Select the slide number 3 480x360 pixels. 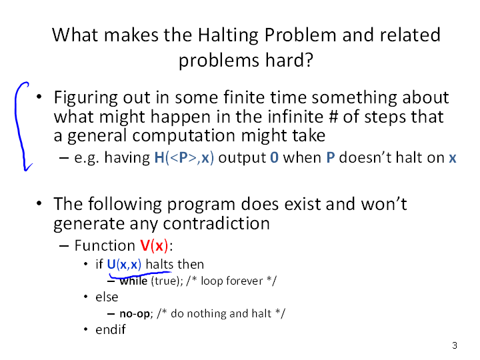click(455, 345)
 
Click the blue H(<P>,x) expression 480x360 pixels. click(184, 157)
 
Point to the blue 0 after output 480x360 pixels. click(274, 157)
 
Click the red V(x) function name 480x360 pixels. click(154, 245)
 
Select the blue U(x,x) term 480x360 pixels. click(124, 264)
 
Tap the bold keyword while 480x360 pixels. click(133, 281)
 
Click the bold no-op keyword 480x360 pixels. click(135, 314)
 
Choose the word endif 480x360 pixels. click(111, 329)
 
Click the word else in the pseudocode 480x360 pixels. click(107, 297)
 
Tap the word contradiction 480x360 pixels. click(217, 223)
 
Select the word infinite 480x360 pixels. click(295, 117)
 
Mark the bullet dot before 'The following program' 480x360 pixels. click(39, 203)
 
